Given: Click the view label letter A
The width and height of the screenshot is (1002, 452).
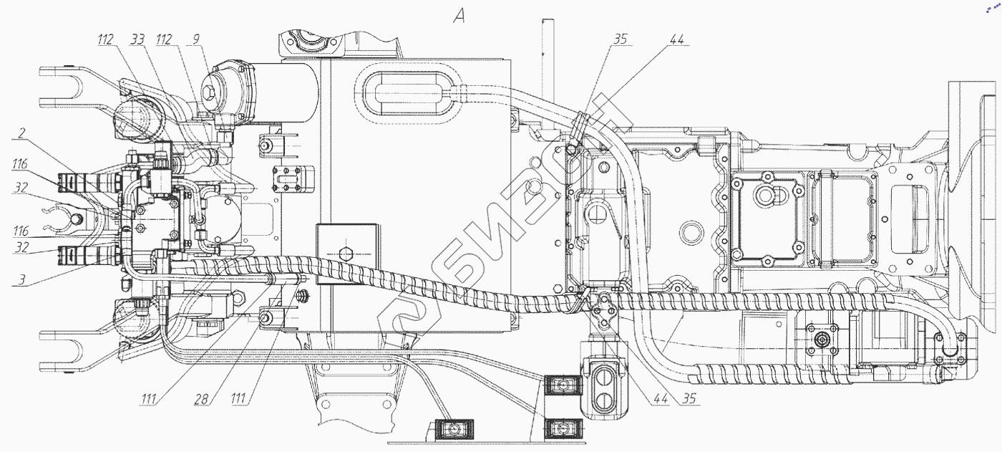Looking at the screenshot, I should [459, 16].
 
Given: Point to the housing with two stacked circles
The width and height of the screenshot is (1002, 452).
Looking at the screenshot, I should [605, 387].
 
